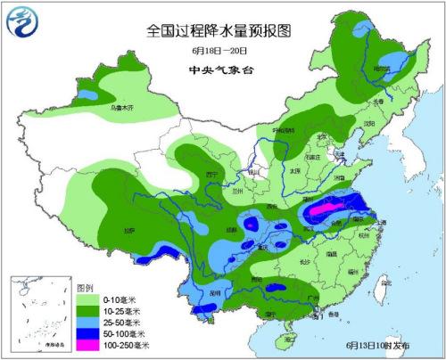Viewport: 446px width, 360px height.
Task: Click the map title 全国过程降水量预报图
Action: click(x=219, y=30)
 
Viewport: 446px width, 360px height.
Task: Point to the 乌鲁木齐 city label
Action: click(x=120, y=108)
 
